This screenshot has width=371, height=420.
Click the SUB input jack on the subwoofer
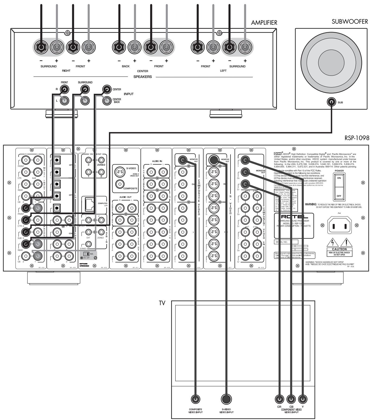[331, 102]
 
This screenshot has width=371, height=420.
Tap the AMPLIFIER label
[264, 23]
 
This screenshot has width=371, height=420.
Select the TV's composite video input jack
[195, 399]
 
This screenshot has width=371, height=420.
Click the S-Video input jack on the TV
[226, 399]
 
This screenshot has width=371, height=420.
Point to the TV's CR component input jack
[280, 399]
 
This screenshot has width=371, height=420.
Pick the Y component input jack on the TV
[303, 399]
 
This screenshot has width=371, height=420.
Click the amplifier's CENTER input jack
[107, 89]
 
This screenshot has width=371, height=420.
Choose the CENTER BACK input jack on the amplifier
[107, 101]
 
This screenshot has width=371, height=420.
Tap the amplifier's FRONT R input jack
[64, 89]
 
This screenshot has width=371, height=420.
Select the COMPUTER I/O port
[89, 205]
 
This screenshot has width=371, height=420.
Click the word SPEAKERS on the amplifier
[143, 77]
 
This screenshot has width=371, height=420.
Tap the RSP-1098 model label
[356, 138]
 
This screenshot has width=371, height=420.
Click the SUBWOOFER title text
[350, 22]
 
